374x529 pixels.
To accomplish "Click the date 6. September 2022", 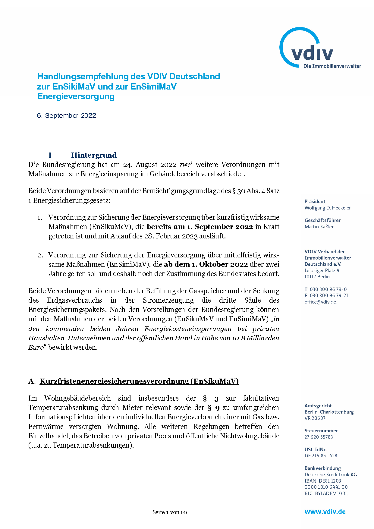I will [x=66, y=116].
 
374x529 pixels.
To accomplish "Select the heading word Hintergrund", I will [x=94, y=155].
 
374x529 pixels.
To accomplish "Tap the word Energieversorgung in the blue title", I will [x=76, y=96].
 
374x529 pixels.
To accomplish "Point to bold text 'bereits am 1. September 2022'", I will [x=200, y=227].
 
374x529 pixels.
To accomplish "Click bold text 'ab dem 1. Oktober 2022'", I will [x=206, y=264].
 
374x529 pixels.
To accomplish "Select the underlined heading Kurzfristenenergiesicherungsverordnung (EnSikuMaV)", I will [x=139, y=381].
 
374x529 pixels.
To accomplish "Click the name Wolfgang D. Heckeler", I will [x=327, y=208].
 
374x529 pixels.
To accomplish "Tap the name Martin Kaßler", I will [x=319, y=227].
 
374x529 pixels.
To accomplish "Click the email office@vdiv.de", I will [x=320, y=302].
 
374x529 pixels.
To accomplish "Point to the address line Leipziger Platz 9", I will [x=322, y=270].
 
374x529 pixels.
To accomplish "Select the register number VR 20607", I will [x=315, y=418].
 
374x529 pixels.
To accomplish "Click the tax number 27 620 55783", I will [x=319, y=437].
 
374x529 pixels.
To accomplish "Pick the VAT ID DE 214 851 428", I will [x=321, y=455].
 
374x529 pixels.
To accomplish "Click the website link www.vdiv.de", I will [x=325, y=512].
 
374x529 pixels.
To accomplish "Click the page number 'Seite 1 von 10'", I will [x=170, y=512].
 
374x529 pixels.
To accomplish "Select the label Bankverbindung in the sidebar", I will [x=322, y=468].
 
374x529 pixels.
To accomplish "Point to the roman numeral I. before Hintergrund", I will [x=51, y=155].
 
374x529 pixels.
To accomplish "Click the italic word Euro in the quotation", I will [x=36, y=347].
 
